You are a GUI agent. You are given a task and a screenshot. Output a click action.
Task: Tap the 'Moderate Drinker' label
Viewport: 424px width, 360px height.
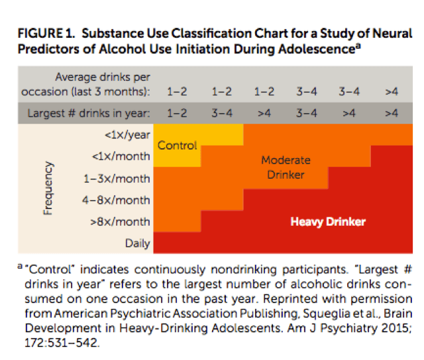click(286, 167)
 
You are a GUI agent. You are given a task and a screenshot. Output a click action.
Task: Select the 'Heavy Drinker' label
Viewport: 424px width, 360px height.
click(328, 221)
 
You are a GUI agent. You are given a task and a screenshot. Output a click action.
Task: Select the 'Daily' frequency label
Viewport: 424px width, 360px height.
click(138, 243)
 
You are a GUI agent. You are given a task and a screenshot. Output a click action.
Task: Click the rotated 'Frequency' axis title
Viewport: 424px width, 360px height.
click(48, 189)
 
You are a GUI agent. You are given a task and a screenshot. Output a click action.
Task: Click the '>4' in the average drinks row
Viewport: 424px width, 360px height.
click(391, 91)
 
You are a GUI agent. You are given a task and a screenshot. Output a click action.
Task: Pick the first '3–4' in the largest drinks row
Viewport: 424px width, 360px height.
click(221, 112)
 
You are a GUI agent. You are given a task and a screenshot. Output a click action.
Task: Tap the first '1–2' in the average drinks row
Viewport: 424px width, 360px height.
click(177, 91)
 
